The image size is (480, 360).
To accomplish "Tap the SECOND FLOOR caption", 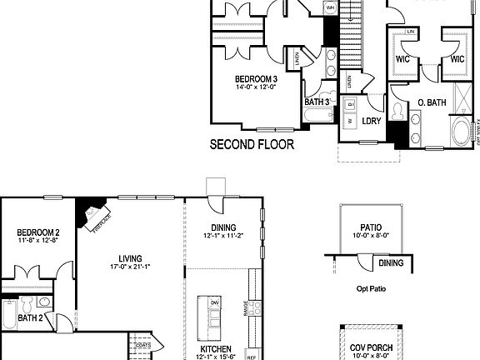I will tap(251, 144).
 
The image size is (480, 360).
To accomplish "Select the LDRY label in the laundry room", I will tap(372, 121).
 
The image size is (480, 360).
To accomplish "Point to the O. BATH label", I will tap(432, 103).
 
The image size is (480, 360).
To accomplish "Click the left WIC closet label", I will tap(402, 60).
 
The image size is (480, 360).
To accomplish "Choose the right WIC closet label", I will tap(457, 60).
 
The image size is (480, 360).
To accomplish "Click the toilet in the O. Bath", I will tap(398, 111).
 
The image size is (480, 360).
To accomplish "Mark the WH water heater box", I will tap(330, 7).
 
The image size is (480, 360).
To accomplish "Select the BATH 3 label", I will tap(317, 102).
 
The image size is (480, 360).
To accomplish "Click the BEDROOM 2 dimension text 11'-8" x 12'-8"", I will tap(37, 242).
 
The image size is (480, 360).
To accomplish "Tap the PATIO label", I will tap(371, 226).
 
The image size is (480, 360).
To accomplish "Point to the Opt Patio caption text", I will tap(370, 289).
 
